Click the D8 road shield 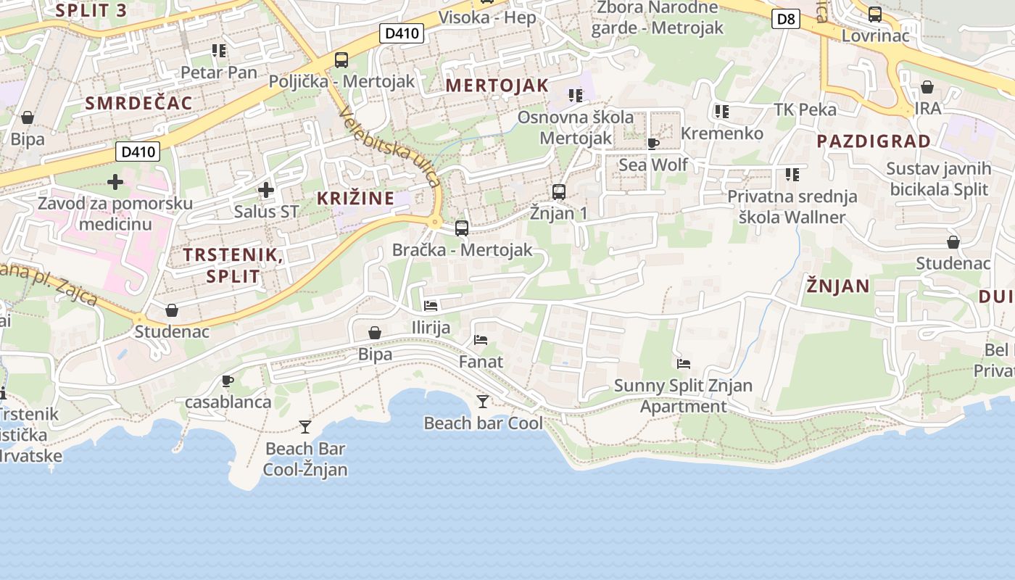[786, 19]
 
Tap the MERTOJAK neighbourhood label [497, 86]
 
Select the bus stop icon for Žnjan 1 [558, 192]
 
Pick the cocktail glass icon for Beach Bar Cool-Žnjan [305, 427]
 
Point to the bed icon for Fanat [481, 339]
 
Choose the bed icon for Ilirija [431, 306]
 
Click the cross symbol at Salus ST [266, 190]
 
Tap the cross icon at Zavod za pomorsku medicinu [115, 181]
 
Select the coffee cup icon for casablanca [228, 381]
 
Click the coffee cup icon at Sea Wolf [652, 144]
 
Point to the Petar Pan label [219, 72]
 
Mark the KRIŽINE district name [355, 198]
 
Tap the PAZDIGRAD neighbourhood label [874, 141]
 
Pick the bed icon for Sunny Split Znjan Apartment [683, 364]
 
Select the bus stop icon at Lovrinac [875, 14]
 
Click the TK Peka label [805, 109]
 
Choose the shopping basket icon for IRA [927, 88]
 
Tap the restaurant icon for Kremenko [721, 112]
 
